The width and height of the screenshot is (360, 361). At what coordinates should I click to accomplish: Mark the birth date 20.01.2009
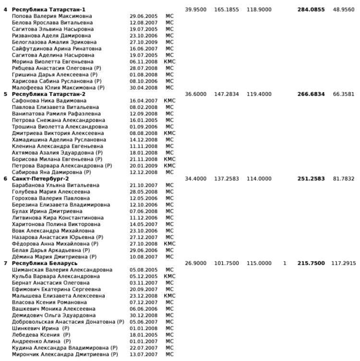pos(141,166)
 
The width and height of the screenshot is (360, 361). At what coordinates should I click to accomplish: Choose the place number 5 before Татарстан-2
pos(6,94)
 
